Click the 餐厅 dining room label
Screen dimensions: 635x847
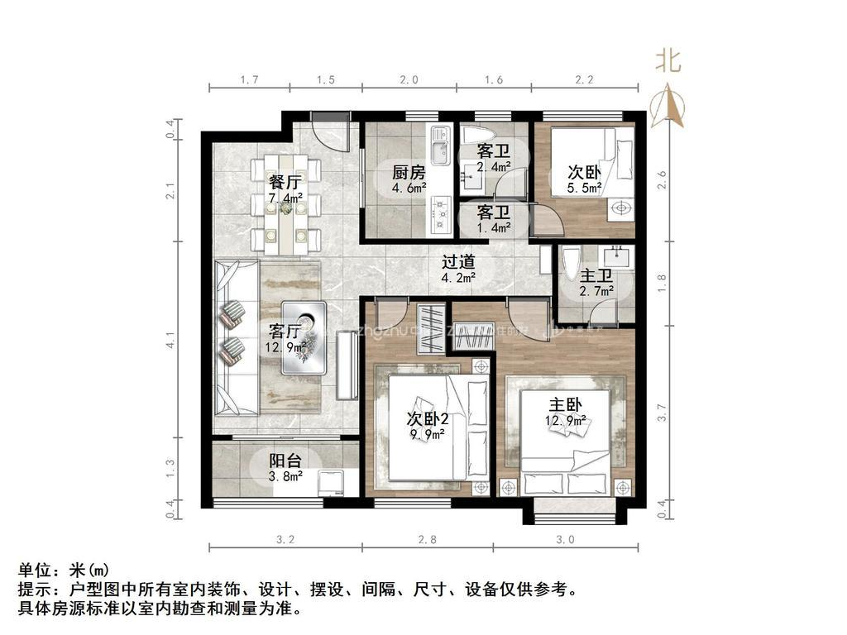click(284, 182)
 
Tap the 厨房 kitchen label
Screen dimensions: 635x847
click(409, 173)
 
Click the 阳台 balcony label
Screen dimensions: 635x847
click(285, 461)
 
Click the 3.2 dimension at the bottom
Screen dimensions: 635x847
click(285, 540)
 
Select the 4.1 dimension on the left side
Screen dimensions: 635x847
click(170, 340)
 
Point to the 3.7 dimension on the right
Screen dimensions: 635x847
click(661, 412)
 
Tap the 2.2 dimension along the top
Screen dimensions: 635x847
click(585, 80)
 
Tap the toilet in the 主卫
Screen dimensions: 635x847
click(571, 265)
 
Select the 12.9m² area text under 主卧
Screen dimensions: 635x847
click(566, 421)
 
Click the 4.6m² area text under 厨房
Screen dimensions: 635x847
click(409, 188)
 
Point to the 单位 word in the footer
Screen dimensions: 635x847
click(35, 570)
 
